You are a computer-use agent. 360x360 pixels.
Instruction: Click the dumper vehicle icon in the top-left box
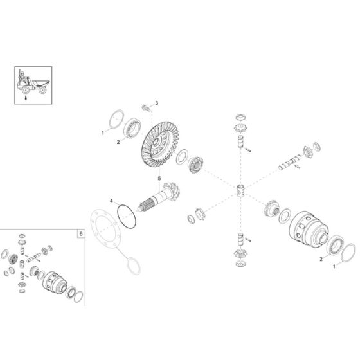click(x=30, y=82)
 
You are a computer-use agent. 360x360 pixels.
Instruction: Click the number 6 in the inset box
click(x=80, y=233)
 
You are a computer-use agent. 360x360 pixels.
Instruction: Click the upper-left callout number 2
click(x=117, y=142)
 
